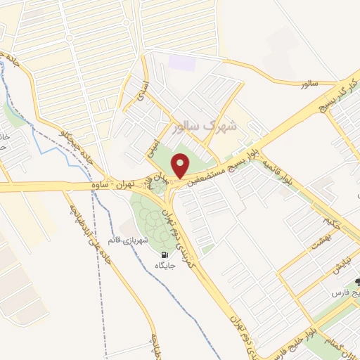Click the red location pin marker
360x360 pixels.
(182, 166)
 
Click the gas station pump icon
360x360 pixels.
(165, 255)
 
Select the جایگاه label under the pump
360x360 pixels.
(165, 266)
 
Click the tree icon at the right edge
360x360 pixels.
(356, 284)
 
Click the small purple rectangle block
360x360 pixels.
(179, 62)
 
